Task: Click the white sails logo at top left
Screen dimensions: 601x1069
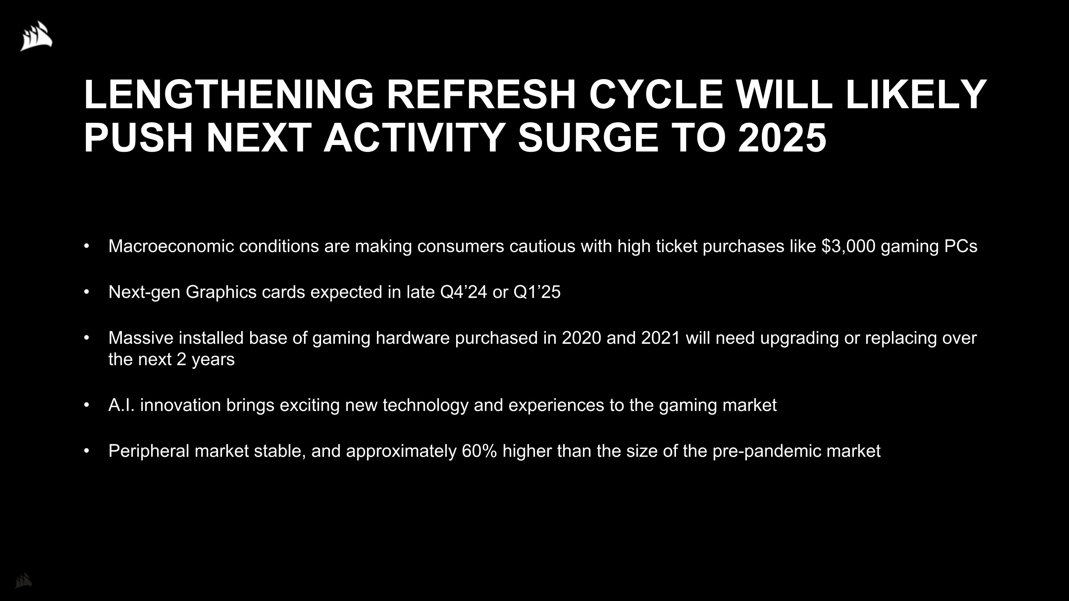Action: (x=36, y=36)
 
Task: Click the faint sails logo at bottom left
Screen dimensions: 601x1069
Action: (x=23, y=580)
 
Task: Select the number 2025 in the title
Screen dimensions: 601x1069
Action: (x=782, y=138)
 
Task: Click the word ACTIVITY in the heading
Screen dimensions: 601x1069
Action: (x=414, y=138)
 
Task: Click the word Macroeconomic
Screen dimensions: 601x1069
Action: (x=171, y=247)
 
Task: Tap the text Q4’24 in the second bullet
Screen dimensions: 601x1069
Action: (x=463, y=292)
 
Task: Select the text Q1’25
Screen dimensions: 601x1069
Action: (x=537, y=292)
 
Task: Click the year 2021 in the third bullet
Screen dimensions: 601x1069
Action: (x=661, y=338)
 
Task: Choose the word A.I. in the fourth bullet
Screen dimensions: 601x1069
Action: (x=121, y=405)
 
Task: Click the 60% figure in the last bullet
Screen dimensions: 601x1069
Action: (x=479, y=451)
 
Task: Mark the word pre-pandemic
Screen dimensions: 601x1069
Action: (x=767, y=451)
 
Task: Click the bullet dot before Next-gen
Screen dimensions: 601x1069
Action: (x=86, y=292)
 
